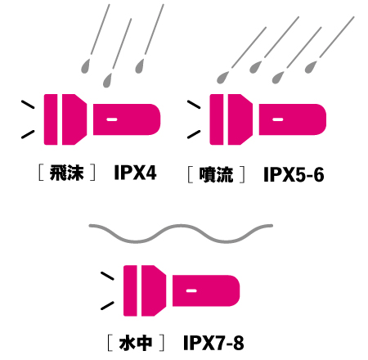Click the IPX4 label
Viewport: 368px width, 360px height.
click(135, 173)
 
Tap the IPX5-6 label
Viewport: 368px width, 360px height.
click(294, 174)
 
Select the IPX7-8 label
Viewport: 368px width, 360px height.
click(213, 343)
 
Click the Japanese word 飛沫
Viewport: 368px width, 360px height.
click(66, 173)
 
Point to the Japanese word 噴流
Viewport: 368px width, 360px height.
click(216, 174)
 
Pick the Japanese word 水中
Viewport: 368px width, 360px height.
click(136, 343)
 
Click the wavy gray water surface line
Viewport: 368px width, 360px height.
click(181, 234)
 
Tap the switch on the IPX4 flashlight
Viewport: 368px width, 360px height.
click(112, 119)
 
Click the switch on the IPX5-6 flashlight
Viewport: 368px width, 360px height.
click(277, 119)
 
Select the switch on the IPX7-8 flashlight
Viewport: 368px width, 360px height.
click(191, 290)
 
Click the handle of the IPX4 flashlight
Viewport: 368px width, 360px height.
click(127, 119)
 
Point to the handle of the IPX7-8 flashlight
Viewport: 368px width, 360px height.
click(206, 290)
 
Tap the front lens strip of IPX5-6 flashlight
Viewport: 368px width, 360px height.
click(217, 119)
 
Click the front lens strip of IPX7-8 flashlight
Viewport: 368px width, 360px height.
click(130, 290)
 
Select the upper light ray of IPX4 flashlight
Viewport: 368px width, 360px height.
click(28, 105)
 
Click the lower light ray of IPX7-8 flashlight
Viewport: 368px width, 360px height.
click(107, 306)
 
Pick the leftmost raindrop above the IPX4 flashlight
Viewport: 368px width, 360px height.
click(85, 66)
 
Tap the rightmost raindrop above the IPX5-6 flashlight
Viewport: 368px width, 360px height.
click(311, 67)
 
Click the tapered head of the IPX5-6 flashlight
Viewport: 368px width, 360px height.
click(240, 119)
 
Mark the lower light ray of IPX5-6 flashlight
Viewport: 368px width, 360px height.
click(194, 134)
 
